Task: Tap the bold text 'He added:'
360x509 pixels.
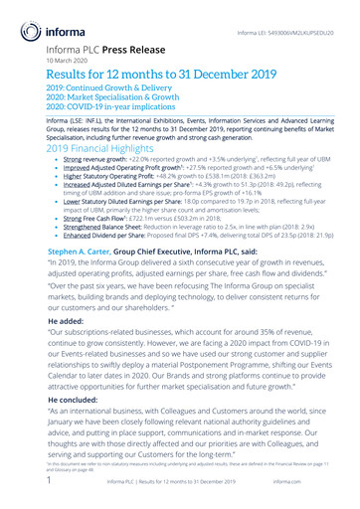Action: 66,322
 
